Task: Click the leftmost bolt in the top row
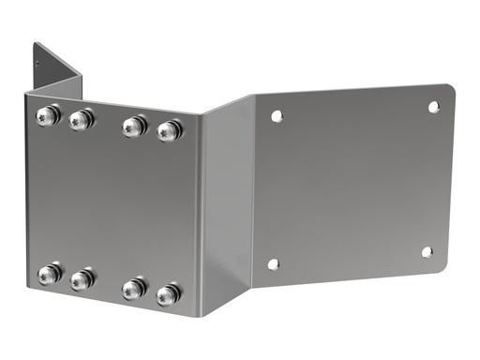pos(48,116)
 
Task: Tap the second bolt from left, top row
pos(82,119)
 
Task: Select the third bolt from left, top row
pos(135,126)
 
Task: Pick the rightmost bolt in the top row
pos(169,130)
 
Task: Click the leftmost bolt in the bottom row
pos(49,274)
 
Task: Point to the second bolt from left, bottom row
pos(82,278)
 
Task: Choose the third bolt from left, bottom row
pos(135,289)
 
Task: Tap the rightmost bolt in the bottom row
pos(168,295)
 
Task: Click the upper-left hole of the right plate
pos(276,116)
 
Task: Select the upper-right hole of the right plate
pos(433,107)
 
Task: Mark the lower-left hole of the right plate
pos(273,263)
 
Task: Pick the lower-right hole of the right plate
pos(427,251)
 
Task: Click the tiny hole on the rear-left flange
pos(37,64)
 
